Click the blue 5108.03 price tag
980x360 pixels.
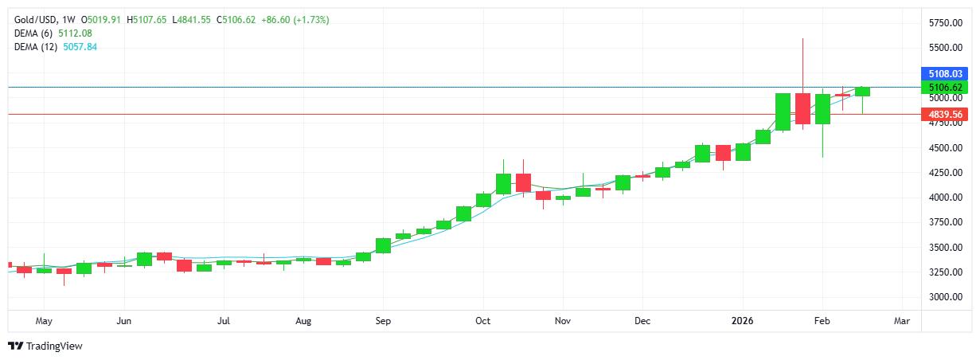point(946,73)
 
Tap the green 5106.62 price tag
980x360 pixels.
point(946,87)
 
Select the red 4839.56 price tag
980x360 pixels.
point(946,115)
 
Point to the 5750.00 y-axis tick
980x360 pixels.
point(945,23)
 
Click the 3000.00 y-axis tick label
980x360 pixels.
point(945,296)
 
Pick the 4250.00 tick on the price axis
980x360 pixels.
point(945,172)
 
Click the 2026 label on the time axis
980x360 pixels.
point(742,321)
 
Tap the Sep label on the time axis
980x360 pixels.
point(383,321)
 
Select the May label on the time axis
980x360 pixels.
point(44,321)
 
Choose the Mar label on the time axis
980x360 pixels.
point(902,321)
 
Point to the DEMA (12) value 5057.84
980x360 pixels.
point(80,47)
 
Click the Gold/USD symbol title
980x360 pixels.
point(37,19)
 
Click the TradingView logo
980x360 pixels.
point(45,346)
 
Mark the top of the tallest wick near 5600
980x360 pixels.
point(802,39)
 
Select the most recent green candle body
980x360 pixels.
point(862,92)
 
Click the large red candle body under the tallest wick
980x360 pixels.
point(802,108)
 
